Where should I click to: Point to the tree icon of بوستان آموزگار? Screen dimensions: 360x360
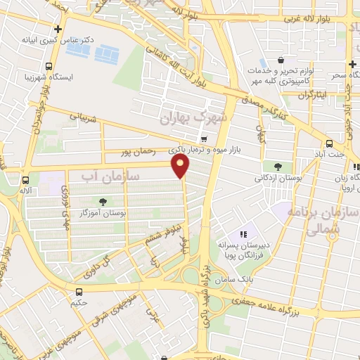pyautogui.click(x=103, y=201)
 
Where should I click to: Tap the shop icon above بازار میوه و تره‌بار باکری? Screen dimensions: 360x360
pyautogui.click(x=204, y=139)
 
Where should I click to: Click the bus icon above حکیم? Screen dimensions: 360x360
pyautogui.click(x=78, y=291)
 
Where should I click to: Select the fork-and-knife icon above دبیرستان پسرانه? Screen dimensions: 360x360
pyautogui.click(x=243, y=233)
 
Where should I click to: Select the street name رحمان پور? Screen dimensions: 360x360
pyautogui.click(x=137, y=150)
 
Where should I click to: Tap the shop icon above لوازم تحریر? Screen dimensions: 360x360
pyautogui.click(x=281, y=60)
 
